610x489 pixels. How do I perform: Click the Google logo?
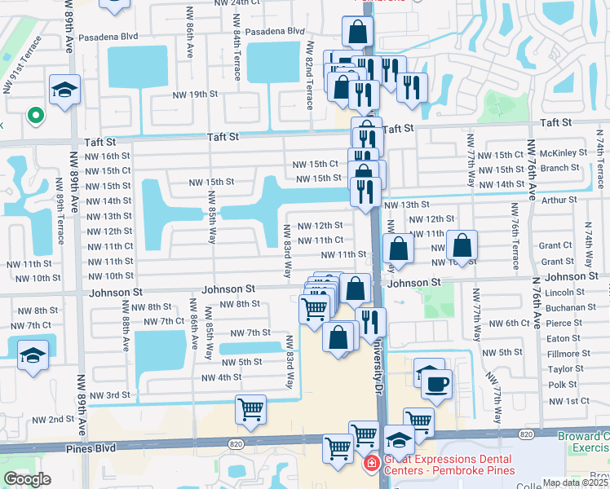point(27,479)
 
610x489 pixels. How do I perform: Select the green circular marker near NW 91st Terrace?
point(35,115)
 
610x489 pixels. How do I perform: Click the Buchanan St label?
point(571,307)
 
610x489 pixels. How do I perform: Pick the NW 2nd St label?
point(53,420)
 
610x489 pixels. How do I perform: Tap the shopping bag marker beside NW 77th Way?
point(462,245)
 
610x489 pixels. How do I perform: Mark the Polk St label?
point(563,385)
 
